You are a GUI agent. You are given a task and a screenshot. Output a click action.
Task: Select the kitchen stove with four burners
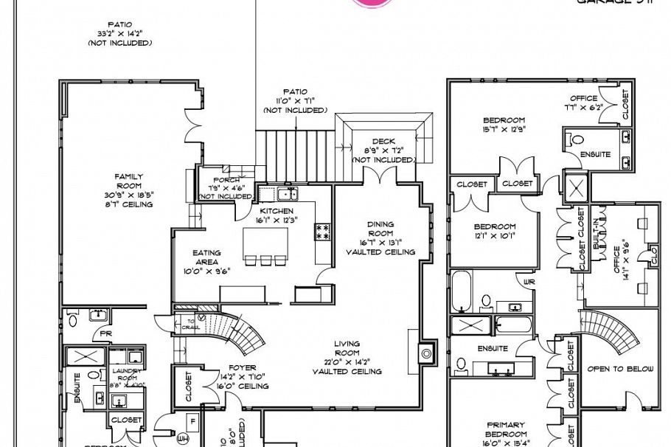pos(322,233)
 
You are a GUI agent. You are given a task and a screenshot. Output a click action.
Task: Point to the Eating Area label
pos(206,257)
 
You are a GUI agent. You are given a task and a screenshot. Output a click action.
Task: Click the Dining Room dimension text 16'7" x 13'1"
pos(380,243)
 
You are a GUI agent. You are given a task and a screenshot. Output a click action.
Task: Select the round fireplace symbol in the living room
pos(426,353)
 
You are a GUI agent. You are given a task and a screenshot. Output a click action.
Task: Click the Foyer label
pos(243,367)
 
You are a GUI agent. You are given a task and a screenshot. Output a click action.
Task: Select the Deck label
pos(383,142)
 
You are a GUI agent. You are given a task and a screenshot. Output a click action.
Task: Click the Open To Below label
pos(619,369)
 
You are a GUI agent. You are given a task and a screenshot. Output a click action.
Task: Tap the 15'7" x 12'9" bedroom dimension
pos(504,131)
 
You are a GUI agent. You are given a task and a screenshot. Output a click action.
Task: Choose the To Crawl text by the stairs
pos(190,325)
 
